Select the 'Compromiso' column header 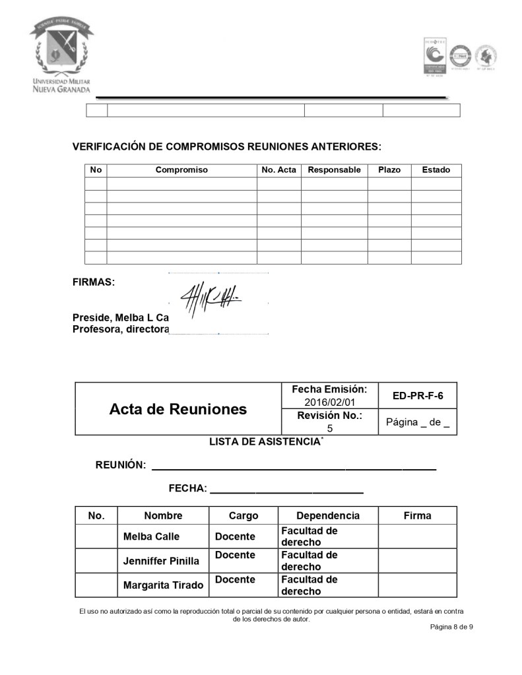pyautogui.click(x=181, y=170)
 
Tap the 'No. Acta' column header pyautogui.click(x=278, y=170)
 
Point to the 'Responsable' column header pyautogui.click(x=334, y=170)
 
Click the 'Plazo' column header pyautogui.click(x=389, y=170)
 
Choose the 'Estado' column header pyautogui.click(x=436, y=170)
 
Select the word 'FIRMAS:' pyautogui.click(x=94, y=282)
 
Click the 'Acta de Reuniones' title pyautogui.click(x=178, y=409)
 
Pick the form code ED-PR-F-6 pyautogui.click(x=418, y=396)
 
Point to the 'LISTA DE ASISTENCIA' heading pyautogui.click(x=264, y=442)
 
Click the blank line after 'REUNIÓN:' pyautogui.click(x=294, y=468)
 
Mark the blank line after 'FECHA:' pyautogui.click(x=286, y=492)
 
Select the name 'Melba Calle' pyautogui.click(x=151, y=536)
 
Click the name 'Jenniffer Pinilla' pyautogui.click(x=161, y=562)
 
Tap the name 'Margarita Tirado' pyautogui.click(x=163, y=585)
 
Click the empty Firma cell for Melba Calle pyautogui.click(x=417, y=536)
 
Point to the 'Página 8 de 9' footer pyautogui.click(x=452, y=627)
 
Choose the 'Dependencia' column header pyautogui.click(x=328, y=516)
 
